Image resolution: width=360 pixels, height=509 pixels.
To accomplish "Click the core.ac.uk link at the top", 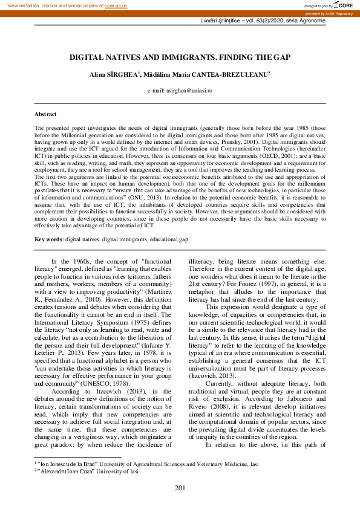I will tap(117, 5).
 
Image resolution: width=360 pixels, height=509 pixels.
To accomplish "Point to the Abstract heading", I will tap(45, 114).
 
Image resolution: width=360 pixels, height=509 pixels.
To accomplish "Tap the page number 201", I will tap(180, 488).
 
